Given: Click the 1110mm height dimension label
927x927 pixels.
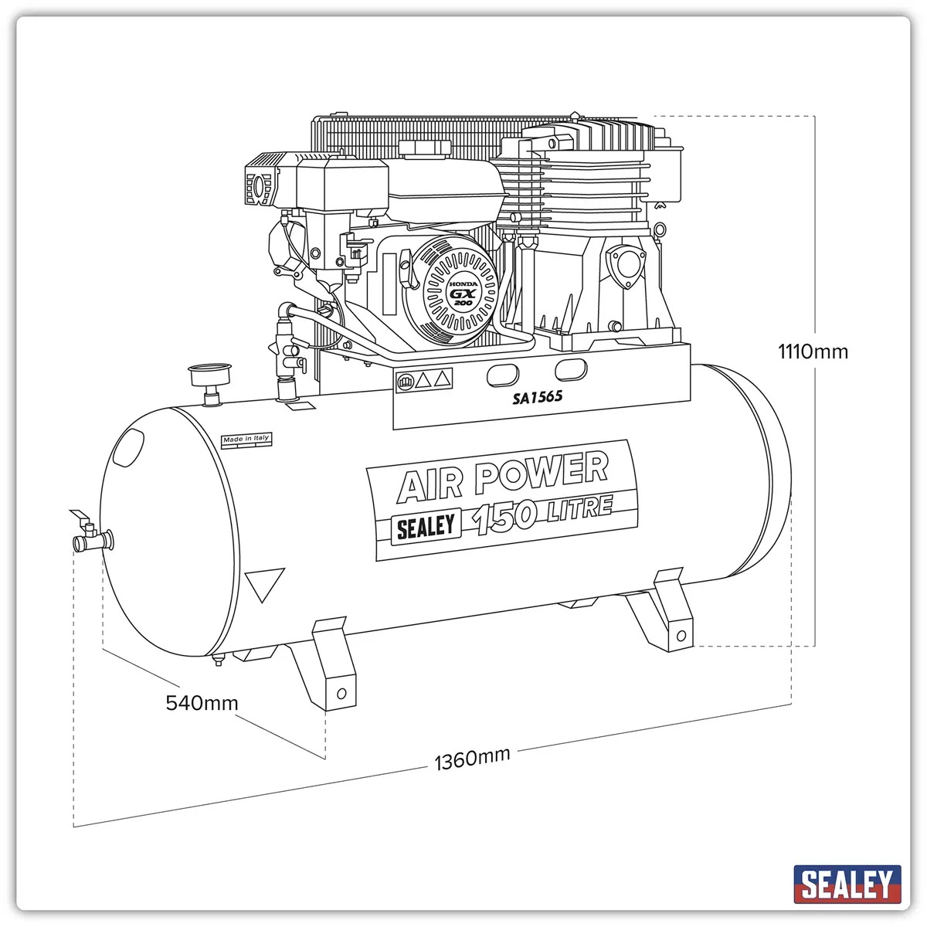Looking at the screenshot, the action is point(813,351).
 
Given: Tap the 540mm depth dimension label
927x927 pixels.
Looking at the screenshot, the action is point(202,703).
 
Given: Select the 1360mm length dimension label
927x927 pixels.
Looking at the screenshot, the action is point(472,759).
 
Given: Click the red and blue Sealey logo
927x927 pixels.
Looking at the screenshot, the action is point(847,884).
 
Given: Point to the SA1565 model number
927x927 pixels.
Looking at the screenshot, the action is point(537,397).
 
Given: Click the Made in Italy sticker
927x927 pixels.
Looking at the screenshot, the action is point(246,440).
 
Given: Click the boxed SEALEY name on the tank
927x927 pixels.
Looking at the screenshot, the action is point(426,526).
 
